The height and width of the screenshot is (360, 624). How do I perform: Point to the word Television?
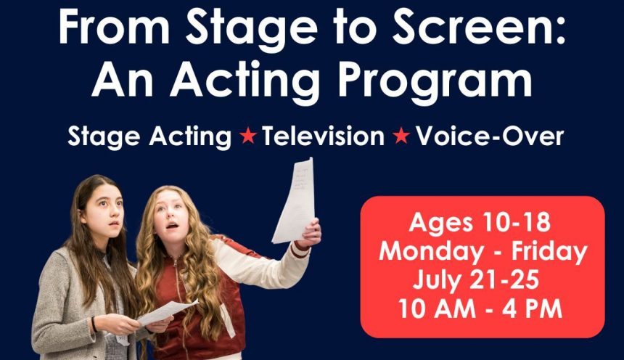point(323,136)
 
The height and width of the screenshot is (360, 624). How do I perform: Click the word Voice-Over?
point(490,136)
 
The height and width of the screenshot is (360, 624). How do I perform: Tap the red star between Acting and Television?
point(248,136)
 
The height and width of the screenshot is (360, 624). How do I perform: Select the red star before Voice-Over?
point(401,136)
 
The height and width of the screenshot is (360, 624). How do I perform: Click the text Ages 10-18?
point(480,222)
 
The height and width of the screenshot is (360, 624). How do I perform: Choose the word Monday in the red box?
point(431,252)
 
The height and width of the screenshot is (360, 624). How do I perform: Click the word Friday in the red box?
point(549,252)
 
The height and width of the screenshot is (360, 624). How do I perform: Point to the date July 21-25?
point(476,280)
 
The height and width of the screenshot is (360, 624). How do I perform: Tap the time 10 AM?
point(437,308)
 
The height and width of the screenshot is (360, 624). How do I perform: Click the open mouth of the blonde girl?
point(172,226)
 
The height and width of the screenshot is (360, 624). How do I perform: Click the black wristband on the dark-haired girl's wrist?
point(94,324)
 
